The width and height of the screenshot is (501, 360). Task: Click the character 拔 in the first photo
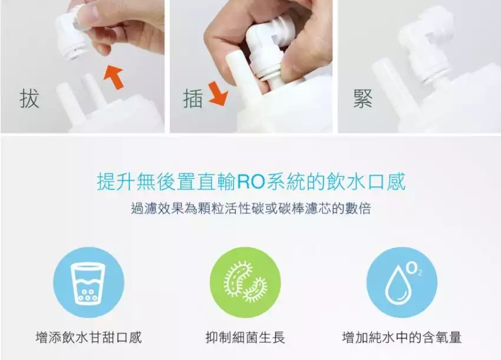(29, 99)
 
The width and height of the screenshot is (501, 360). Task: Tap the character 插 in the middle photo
(193, 98)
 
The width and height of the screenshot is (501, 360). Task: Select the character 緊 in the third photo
(363, 98)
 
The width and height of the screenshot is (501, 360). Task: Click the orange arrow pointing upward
(114, 77)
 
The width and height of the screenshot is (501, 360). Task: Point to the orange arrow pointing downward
(219, 94)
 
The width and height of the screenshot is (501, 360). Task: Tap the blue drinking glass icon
(88, 282)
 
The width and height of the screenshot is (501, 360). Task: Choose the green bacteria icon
(245, 282)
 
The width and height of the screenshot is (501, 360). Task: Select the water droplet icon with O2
(402, 282)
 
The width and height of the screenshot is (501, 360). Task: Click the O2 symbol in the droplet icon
(414, 269)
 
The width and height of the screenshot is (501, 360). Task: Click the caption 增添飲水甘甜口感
(88, 338)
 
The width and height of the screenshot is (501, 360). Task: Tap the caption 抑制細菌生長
(245, 338)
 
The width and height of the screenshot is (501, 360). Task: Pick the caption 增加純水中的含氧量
(402, 338)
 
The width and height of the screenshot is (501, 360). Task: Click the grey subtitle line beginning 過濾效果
(251, 209)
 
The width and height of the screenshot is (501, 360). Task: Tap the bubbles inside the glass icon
(88, 295)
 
